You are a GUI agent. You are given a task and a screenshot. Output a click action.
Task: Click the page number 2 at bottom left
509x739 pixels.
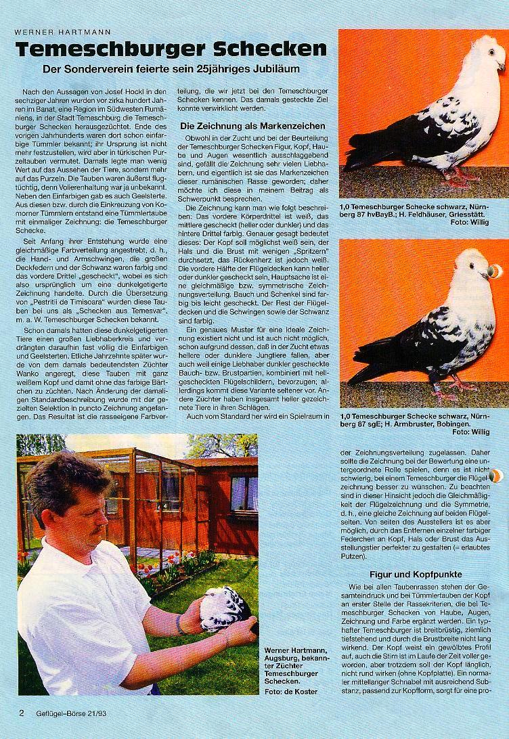tap(21, 713)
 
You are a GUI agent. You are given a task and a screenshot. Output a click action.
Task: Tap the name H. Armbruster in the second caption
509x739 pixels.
tap(418, 423)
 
